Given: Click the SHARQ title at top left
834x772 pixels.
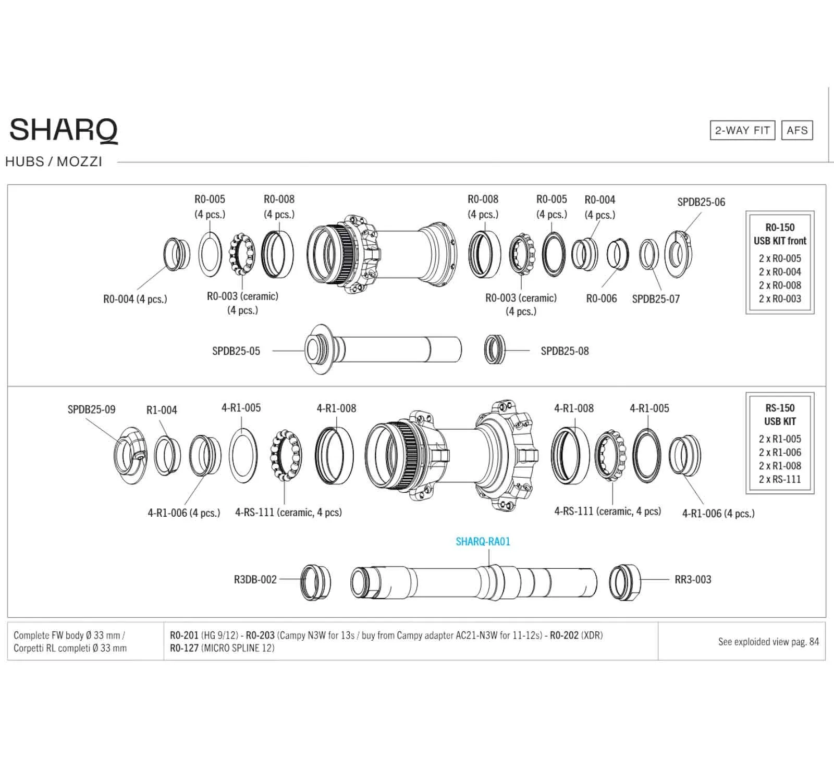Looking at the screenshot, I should pos(64,130).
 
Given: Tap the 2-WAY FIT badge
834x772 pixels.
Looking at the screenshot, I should pos(742,130).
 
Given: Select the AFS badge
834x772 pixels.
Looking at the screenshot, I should pos(797,130).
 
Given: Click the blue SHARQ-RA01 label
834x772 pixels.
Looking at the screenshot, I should pos(483,542).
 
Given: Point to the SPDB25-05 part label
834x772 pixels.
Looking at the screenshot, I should pos(236,351).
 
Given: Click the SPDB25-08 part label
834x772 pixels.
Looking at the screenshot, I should pos(565,351).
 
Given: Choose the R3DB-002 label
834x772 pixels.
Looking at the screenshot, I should pos(255,580).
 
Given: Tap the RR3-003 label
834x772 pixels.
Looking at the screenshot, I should pos(693,580).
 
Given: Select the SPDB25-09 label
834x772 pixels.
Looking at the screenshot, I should pos(91,409).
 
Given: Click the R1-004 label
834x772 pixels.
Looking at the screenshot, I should pos(162,410).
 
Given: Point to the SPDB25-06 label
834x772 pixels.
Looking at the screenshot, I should pos(701,202).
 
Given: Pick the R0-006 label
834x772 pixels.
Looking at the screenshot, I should pos(601,298).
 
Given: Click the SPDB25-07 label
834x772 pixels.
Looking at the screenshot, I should pos(656,299).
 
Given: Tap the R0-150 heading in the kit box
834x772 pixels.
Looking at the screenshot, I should pos(780,228).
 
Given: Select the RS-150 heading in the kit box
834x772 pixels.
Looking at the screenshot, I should pos(780,408).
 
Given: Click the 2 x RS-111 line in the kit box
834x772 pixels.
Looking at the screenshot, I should pos(780,479).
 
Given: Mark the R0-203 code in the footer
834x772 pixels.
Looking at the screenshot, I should pos(260,636).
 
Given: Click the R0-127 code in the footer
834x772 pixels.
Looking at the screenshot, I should pos(184,648).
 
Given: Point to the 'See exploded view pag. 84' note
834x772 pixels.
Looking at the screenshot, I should pos(768,642).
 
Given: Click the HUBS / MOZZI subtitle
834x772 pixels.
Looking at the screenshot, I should pos(54,161).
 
